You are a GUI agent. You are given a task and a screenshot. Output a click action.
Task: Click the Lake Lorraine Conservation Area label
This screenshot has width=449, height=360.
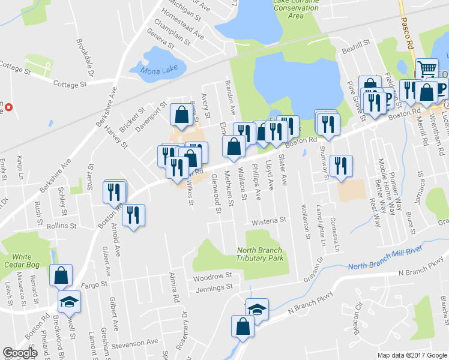click(x=295, y=9)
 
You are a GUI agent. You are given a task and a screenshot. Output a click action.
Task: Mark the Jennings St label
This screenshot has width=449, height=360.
click(x=213, y=289)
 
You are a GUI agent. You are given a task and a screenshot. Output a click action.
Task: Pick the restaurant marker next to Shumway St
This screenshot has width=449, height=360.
click(x=340, y=166)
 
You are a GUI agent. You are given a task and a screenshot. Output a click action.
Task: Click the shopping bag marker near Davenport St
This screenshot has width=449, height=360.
click(x=181, y=114)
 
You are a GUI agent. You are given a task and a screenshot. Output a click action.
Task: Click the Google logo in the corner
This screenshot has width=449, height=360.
click(x=20, y=353)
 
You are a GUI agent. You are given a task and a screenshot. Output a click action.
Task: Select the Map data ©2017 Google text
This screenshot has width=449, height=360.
click(x=412, y=355)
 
